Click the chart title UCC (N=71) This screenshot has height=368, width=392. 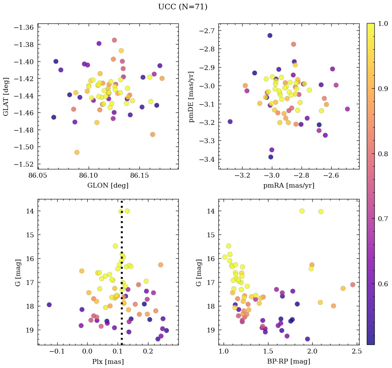(183, 7)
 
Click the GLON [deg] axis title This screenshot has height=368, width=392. (108, 186)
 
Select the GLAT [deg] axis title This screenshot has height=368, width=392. (6, 96)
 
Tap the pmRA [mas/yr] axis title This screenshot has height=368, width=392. (289, 186)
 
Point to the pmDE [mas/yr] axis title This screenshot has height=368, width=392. (191, 97)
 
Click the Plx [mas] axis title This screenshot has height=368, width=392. (108, 361)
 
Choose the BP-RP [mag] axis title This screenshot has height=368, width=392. (289, 361)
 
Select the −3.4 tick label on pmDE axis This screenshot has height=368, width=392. (206, 159)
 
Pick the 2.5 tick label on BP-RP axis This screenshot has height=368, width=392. (356, 352)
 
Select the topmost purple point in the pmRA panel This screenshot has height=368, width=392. (270, 36)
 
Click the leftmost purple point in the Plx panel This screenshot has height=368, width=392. (49, 305)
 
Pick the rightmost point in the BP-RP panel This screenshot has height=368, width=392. (353, 285)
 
